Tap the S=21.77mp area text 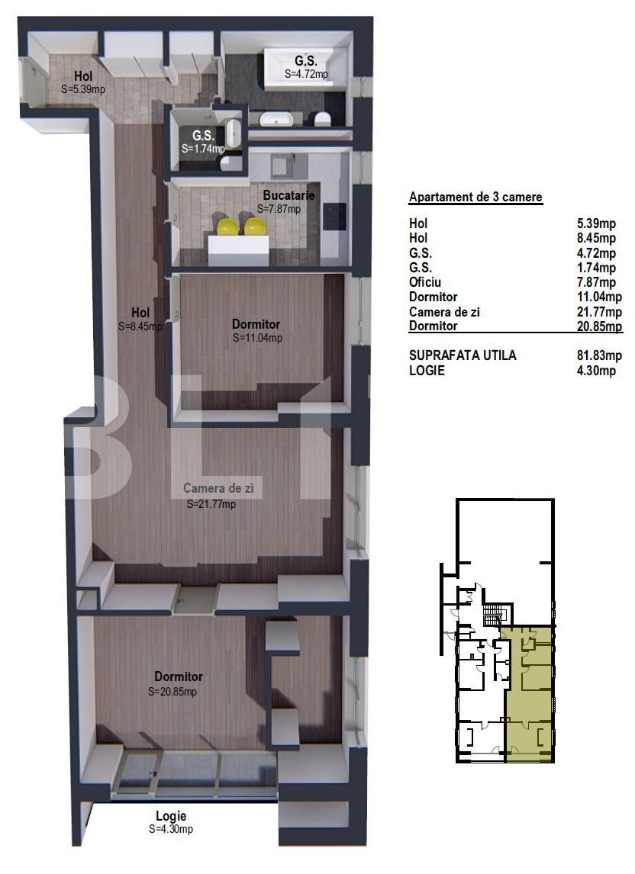point(211,504)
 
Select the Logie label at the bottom point(170,816)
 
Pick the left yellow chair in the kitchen point(227,227)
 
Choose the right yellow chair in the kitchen point(255,227)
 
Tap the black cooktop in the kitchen point(334,217)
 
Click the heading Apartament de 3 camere point(475,198)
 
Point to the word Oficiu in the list point(426,282)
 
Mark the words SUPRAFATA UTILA point(463,355)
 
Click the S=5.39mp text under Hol point(82,88)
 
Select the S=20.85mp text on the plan point(172,692)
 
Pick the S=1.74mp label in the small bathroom point(203,149)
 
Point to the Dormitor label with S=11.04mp point(256,324)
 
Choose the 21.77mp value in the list point(599,311)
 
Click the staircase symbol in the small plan point(496,614)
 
